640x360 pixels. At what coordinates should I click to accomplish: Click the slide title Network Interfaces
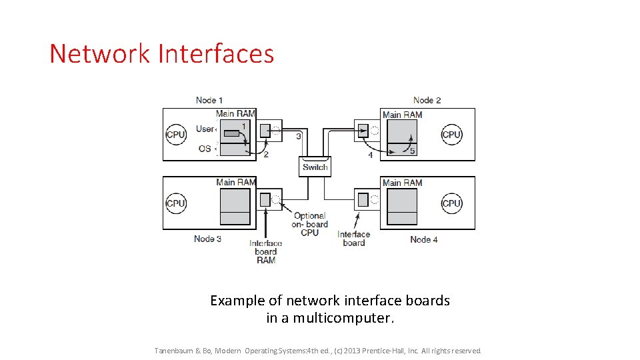click(x=162, y=54)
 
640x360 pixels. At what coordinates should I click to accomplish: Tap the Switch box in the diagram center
click(x=315, y=167)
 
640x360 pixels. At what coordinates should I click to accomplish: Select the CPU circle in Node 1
click(x=175, y=135)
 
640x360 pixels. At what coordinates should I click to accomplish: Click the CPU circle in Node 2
click(x=451, y=135)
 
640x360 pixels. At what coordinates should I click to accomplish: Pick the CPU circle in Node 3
click(x=175, y=203)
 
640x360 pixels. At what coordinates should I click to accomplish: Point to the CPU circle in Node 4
click(x=451, y=203)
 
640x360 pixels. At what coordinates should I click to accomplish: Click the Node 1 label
click(x=209, y=100)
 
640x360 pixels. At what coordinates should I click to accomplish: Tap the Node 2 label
click(x=427, y=100)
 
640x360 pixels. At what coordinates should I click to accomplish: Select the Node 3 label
click(x=208, y=239)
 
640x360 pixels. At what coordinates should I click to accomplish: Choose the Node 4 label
click(x=424, y=239)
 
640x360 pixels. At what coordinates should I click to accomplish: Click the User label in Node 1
click(x=205, y=129)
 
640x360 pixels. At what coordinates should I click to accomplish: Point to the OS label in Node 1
click(x=205, y=149)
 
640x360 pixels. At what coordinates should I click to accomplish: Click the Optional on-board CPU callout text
click(x=309, y=224)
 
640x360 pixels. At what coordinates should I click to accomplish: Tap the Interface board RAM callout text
click(x=265, y=251)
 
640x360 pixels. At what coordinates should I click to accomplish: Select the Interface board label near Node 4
click(x=353, y=238)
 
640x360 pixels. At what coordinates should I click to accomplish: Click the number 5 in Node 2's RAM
click(x=412, y=151)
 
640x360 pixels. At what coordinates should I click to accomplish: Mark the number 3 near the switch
click(x=298, y=136)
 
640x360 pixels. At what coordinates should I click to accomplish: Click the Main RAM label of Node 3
click(x=235, y=182)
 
